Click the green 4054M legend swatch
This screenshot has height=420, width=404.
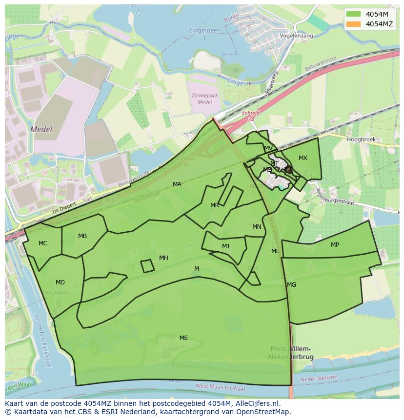click(354, 14)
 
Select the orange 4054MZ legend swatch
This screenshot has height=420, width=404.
click(354, 24)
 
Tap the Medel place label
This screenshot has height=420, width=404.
click(40, 129)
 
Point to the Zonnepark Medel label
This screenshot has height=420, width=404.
click(205, 98)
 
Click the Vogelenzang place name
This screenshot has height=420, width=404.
click(296, 36)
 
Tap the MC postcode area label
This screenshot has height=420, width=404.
click(43, 243)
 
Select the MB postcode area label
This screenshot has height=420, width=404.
click(82, 236)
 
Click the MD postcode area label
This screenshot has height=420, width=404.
click(60, 282)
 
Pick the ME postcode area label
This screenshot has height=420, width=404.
click(183, 338)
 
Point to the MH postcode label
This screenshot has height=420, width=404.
click(163, 258)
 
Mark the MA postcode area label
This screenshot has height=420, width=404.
click(177, 184)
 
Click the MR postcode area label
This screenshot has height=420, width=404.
click(215, 205)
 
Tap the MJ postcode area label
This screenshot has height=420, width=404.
click(225, 246)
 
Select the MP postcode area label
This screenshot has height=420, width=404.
click(335, 244)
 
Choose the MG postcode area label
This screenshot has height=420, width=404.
click(291, 284)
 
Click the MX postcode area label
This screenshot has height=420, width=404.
click(303, 158)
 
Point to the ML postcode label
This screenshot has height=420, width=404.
click(275, 251)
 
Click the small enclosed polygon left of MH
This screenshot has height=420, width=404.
click(147, 266)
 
